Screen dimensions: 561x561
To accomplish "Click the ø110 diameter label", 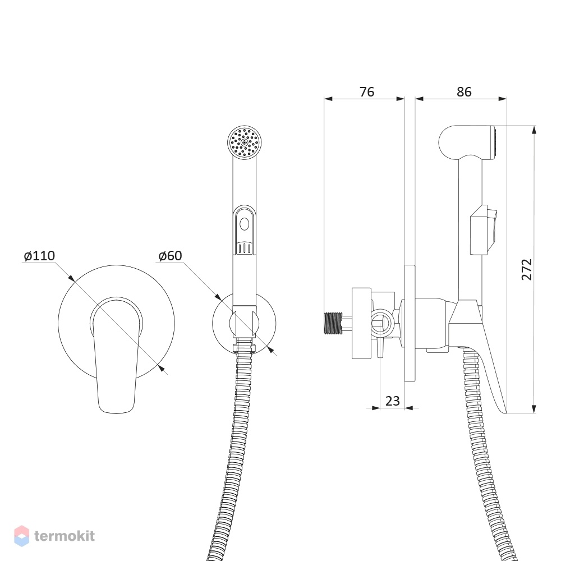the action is [x=39, y=256].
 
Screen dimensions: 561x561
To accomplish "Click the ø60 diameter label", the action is [x=171, y=256].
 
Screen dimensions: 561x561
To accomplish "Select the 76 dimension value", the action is [x=367, y=92].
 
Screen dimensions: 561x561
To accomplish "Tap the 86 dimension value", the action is [x=464, y=92].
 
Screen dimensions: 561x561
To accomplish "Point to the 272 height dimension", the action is [x=527, y=269].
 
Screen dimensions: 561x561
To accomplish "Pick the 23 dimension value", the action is [x=393, y=401].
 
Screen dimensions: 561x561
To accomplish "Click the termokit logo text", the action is [x=65, y=536].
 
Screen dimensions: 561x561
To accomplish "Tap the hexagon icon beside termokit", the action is [x=21, y=536].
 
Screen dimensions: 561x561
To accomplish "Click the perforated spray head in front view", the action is [x=245, y=142].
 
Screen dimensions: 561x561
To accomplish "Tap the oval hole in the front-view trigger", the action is [x=245, y=224].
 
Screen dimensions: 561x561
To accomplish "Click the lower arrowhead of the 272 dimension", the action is [x=534, y=408].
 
